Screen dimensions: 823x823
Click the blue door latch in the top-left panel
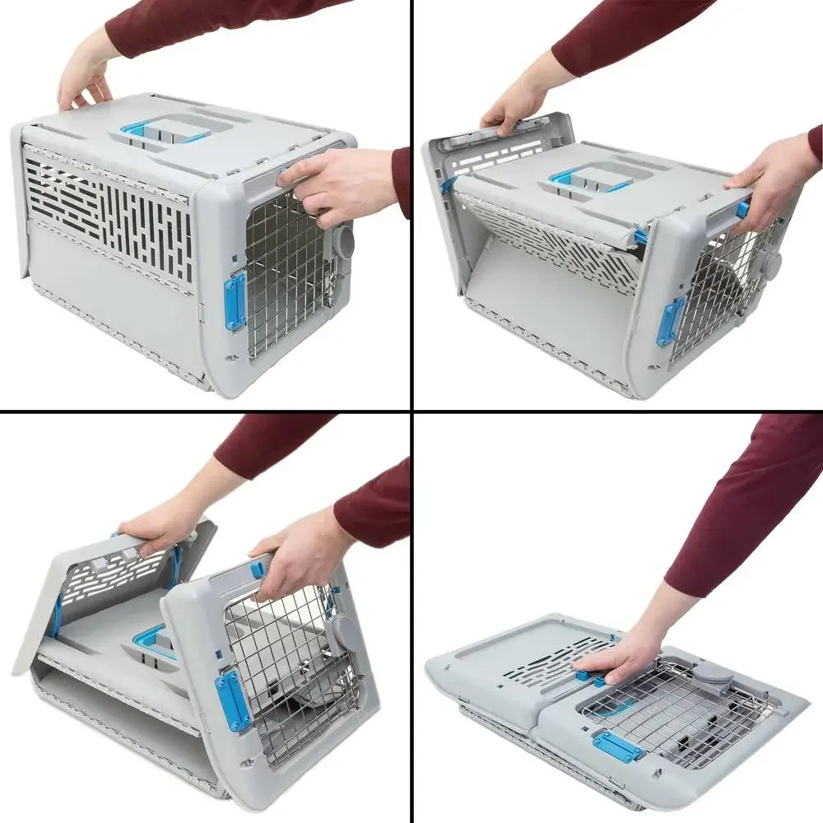[x=235, y=301]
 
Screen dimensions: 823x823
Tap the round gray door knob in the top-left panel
[x=343, y=241]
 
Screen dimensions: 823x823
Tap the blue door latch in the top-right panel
[x=670, y=321]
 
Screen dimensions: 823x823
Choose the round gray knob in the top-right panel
[x=771, y=264]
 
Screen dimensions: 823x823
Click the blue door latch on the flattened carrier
[x=617, y=747]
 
